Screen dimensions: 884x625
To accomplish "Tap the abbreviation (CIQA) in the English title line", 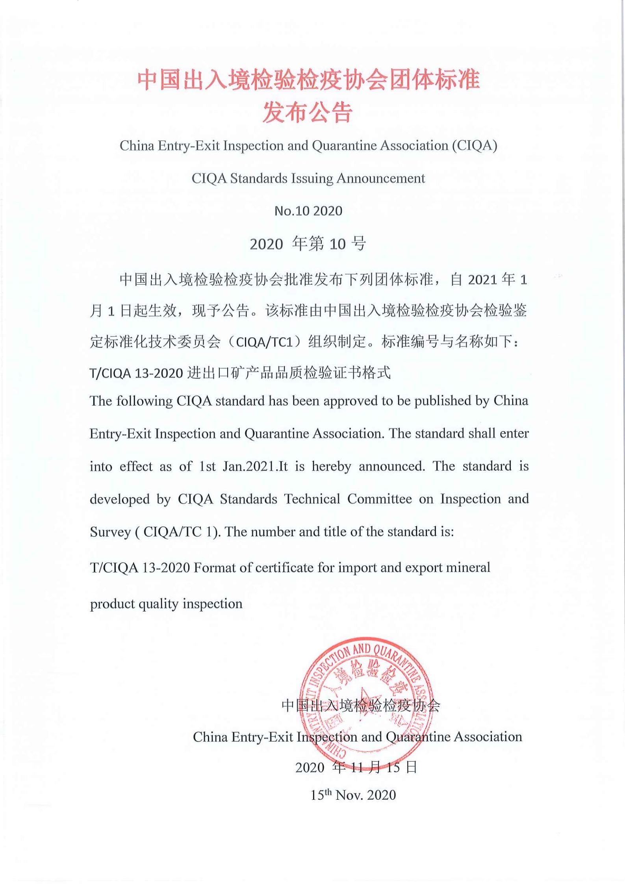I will click(475, 146).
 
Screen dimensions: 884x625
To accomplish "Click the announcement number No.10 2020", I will click(308, 211).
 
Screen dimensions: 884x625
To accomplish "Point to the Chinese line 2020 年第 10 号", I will click(308, 244).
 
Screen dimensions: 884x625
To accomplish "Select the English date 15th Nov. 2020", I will click(353, 795).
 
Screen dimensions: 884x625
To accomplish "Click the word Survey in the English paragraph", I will click(110, 532).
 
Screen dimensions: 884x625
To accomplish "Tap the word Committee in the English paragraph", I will click(379, 499).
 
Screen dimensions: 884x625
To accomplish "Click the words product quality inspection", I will click(166, 604).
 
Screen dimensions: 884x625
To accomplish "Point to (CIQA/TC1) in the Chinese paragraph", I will click(264, 342).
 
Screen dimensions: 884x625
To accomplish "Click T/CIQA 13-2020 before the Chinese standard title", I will click(136, 373).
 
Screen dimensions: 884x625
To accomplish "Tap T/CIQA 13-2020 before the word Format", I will click(140, 568).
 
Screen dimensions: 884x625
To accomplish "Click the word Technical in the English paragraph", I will click(312, 499).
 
